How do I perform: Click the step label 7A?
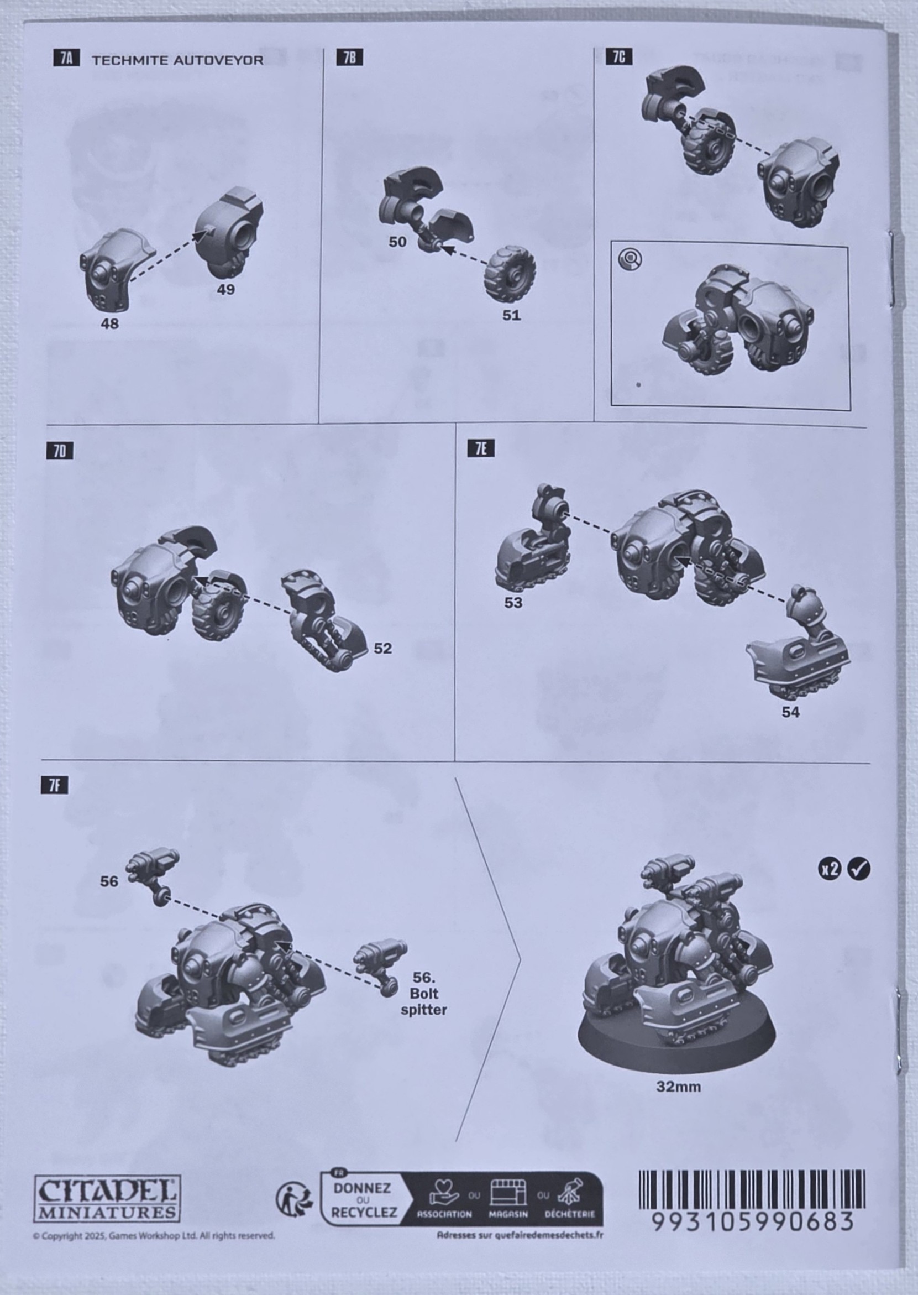pyautogui.click(x=67, y=58)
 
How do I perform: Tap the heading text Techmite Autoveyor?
pyautogui.click(x=177, y=60)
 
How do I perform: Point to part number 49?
pyautogui.click(x=225, y=289)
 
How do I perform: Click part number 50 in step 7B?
pyautogui.click(x=397, y=242)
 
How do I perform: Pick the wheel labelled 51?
pyautogui.click(x=510, y=274)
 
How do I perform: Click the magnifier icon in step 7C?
pyautogui.click(x=630, y=259)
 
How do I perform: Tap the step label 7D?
pyautogui.click(x=60, y=451)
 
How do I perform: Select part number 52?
pyautogui.click(x=382, y=648)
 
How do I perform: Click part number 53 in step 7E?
pyautogui.click(x=513, y=603)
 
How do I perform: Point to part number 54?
pyautogui.click(x=790, y=713)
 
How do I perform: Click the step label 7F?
pyautogui.click(x=54, y=786)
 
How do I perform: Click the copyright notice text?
pyautogui.click(x=154, y=1236)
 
